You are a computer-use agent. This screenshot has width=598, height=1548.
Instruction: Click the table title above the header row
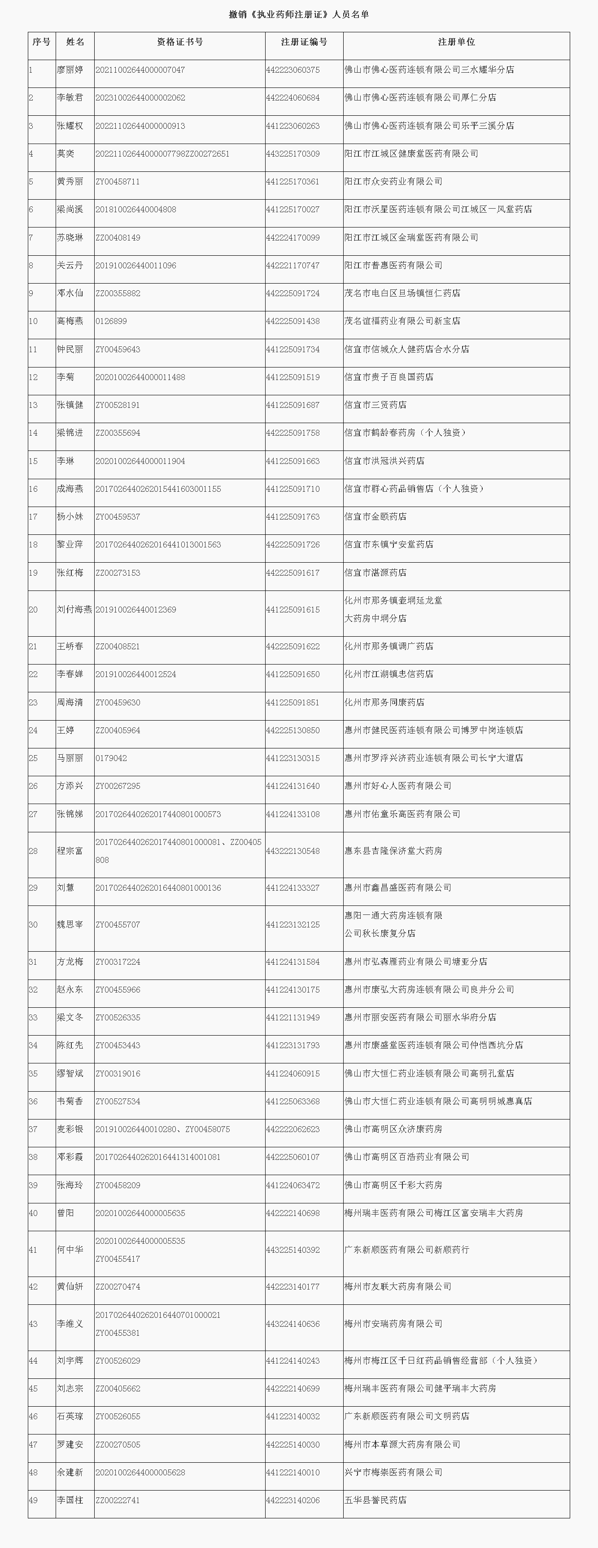coord(299,14)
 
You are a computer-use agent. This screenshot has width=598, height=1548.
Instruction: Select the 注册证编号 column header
coord(304,42)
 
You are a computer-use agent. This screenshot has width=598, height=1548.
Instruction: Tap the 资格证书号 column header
coord(180,42)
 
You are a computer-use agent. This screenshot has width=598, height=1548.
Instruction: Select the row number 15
coord(33,461)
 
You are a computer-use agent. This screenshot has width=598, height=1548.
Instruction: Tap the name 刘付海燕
coord(74,609)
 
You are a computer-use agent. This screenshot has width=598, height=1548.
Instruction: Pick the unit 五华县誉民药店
coord(375,1500)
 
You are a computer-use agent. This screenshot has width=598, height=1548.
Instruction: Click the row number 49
coord(33,1500)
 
